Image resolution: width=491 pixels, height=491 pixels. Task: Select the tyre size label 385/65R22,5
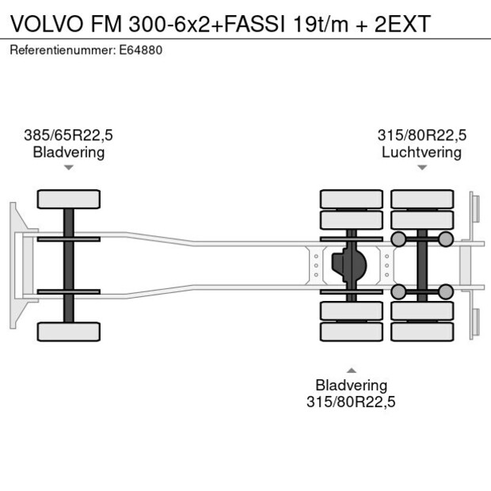(68, 135)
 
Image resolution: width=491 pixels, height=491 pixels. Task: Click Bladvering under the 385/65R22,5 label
(68, 152)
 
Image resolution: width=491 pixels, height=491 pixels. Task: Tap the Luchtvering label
(421, 152)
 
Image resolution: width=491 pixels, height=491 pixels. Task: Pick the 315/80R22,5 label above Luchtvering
(421, 135)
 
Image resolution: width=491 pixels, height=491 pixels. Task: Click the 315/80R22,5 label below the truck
(351, 402)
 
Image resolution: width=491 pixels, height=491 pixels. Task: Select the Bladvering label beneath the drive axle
(351, 385)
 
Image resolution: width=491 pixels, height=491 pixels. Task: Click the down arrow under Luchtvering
(422, 167)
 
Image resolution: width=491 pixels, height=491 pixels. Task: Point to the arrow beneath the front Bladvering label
(69, 167)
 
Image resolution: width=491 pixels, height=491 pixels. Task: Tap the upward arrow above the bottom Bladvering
(351, 369)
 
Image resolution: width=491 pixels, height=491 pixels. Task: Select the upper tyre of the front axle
(69, 199)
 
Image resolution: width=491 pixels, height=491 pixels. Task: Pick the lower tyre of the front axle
(69, 331)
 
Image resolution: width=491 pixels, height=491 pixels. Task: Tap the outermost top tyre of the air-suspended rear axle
(421, 198)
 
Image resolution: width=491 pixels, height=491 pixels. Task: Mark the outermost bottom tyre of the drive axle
(351, 332)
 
